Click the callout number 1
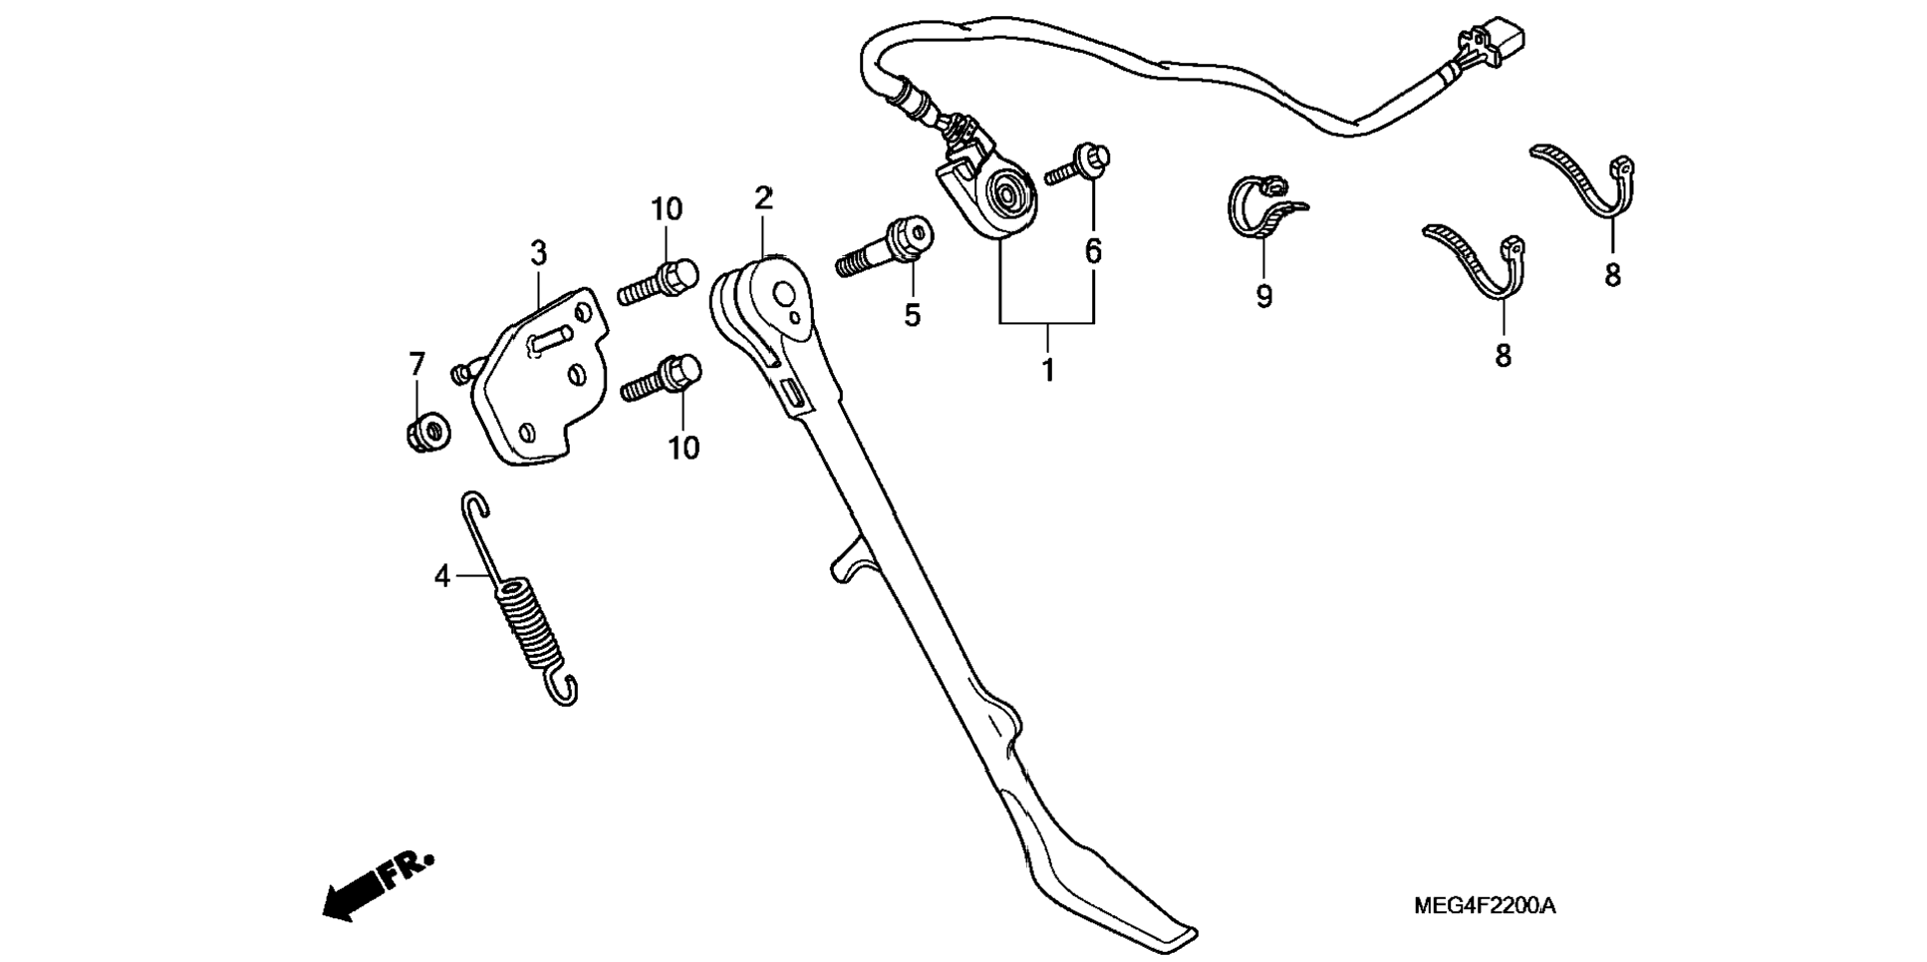pos(1047,370)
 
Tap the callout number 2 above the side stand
pos(763,198)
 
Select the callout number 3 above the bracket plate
pos(538,253)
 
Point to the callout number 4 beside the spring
pos(442,576)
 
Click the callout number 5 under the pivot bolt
pos(912,315)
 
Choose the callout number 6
pos(1093,251)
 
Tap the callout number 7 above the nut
pos(416,364)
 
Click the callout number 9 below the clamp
pos(1263,296)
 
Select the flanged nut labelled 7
pos(426,432)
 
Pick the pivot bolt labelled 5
pos(887,249)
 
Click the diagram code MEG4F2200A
pos(1484,906)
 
